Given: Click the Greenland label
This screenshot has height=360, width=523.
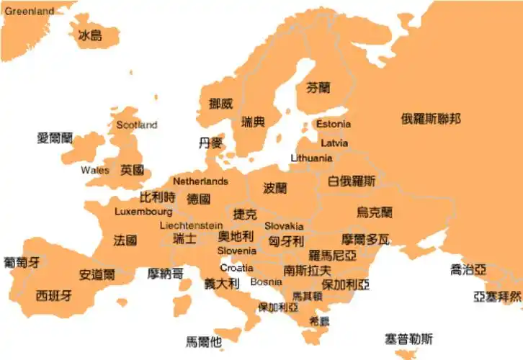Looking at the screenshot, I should (x=29, y=12).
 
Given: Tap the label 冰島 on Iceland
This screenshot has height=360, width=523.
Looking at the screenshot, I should (x=90, y=35).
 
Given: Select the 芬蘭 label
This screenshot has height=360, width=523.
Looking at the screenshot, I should (x=318, y=88).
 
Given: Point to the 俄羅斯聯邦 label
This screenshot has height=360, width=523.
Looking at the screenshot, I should (x=431, y=119).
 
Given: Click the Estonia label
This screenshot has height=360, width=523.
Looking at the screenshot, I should (x=334, y=124).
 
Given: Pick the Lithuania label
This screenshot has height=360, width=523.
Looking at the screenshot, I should (x=311, y=158).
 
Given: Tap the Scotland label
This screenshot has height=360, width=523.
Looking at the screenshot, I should (x=136, y=125).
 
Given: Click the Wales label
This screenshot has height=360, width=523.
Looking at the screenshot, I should (x=95, y=170).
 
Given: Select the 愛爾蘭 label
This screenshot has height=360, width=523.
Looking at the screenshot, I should (x=55, y=138).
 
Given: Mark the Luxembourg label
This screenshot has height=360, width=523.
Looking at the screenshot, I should (x=143, y=212).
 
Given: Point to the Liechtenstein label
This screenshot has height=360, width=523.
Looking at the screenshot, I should (x=191, y=225).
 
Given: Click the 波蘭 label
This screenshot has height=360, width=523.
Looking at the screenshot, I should (x=274, y=189).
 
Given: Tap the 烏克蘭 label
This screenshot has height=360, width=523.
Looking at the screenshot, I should (x=375, y=212).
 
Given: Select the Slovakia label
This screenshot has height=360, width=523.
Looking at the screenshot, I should (x=284, y=226).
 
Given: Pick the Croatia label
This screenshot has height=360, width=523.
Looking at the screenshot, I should (x=236, y=268).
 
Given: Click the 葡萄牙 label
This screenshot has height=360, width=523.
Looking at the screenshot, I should (x=22, y=261).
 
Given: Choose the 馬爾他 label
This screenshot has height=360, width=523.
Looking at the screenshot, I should (x=203, y=341).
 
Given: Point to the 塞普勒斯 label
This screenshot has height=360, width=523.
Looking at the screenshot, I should (x=408, y=338).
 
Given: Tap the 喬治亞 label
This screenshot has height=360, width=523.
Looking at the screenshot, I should (x=468, y=270).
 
